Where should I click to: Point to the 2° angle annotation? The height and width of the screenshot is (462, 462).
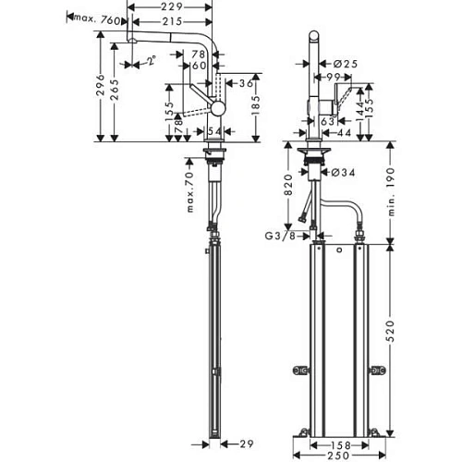[x=150, y=62]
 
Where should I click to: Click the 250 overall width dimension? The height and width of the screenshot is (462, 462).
[x=340, y=454]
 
